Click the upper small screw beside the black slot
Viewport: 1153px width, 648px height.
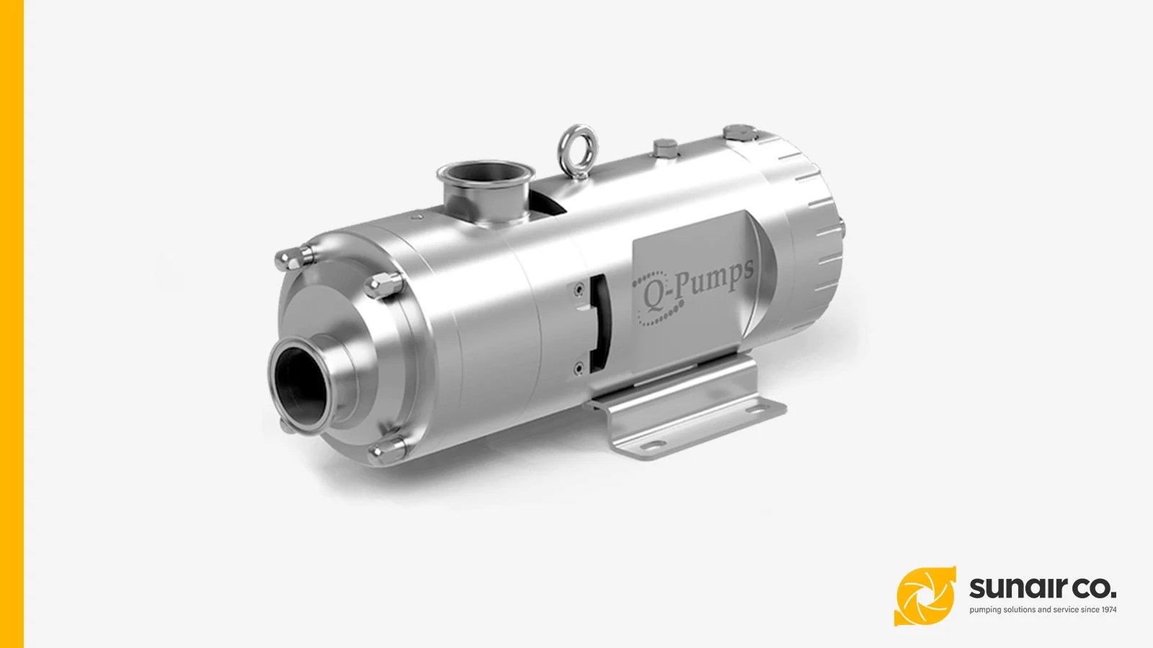tap(577, 289)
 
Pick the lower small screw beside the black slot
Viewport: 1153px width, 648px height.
tap(578, 369)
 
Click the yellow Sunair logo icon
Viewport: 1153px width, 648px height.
tap(925, 596)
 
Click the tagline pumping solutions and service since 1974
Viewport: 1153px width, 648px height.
tap(1043, 610)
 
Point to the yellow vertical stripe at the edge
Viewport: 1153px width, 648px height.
tap(12, 324)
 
